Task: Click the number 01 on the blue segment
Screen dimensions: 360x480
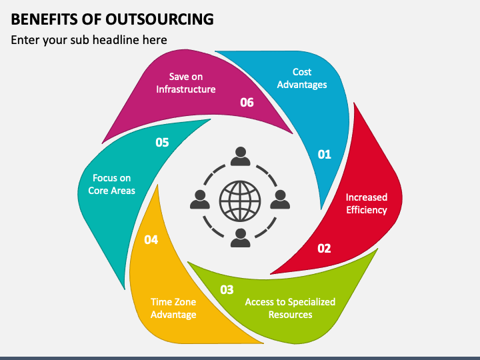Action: pyautogui.click(x=324, y=155)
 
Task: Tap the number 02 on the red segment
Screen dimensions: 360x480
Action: pyautogui.click(x=324, y=249)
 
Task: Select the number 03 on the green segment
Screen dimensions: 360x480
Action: pyautogui.click(x=227, y=289)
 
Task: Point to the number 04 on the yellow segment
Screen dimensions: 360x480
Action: pyautogui.click(x=151, y=239)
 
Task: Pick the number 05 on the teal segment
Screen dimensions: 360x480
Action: pyautogui.click(x=162, y=142)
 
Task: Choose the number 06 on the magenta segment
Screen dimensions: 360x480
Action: pyautogui.click(x=247, y=102)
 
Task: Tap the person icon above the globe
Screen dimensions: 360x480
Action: pyautogui.click(x=240, y=157)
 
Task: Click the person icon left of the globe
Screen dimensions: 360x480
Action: pyautogui.click(x=199, y=199)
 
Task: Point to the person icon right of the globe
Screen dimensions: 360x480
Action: pyautogui.click(x=280, y=199)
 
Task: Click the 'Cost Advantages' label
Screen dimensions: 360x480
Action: pyautogui.click(x=302, y=78)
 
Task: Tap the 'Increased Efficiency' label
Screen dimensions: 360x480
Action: pyautogui.click(x=366, y=203)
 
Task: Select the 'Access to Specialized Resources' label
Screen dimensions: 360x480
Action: pyautogui.click(x=290, y=308)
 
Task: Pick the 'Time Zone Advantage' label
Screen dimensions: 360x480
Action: pyautogui.click(x=173, y=308)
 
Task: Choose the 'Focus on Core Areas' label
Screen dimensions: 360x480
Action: pyautogui.click(x=112, y=184)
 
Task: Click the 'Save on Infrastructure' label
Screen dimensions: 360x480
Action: pyautogui.click(x=186, y=83)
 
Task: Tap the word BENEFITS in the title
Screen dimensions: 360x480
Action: pyautogui.click(x=43, y=19)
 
